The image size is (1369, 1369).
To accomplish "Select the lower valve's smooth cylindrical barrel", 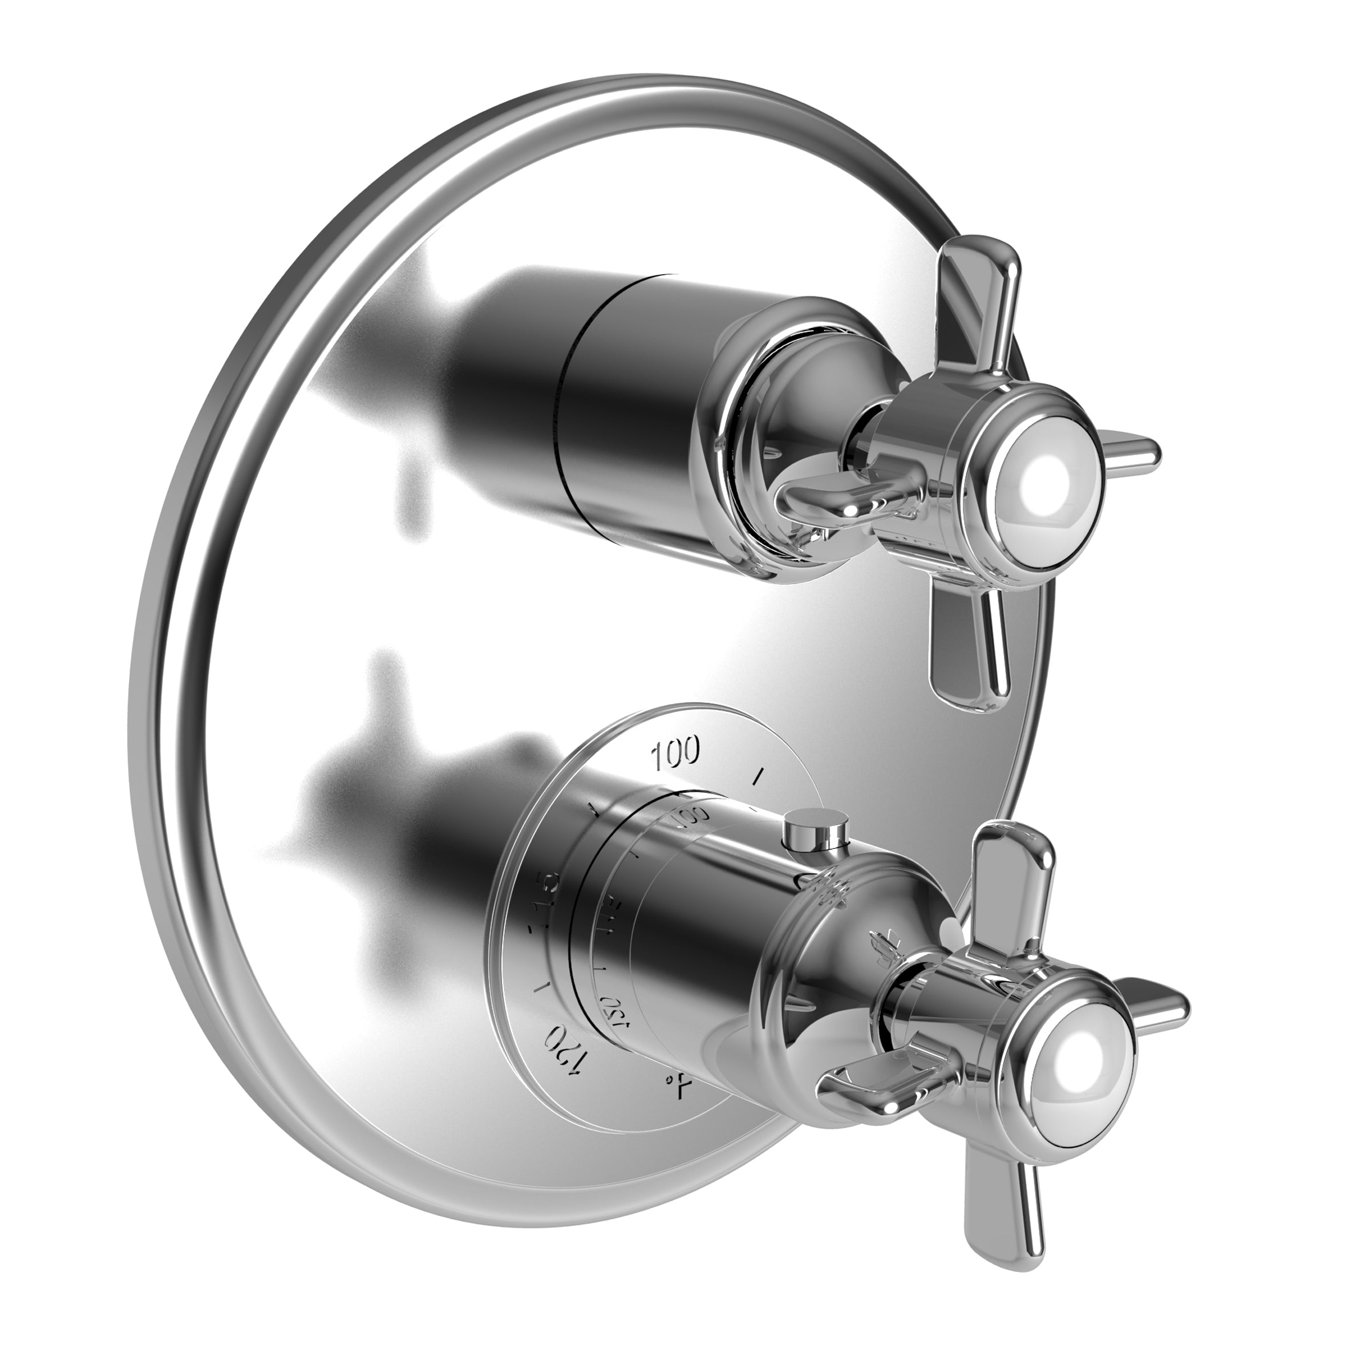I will pyautogui.click(x=708, y=942).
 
